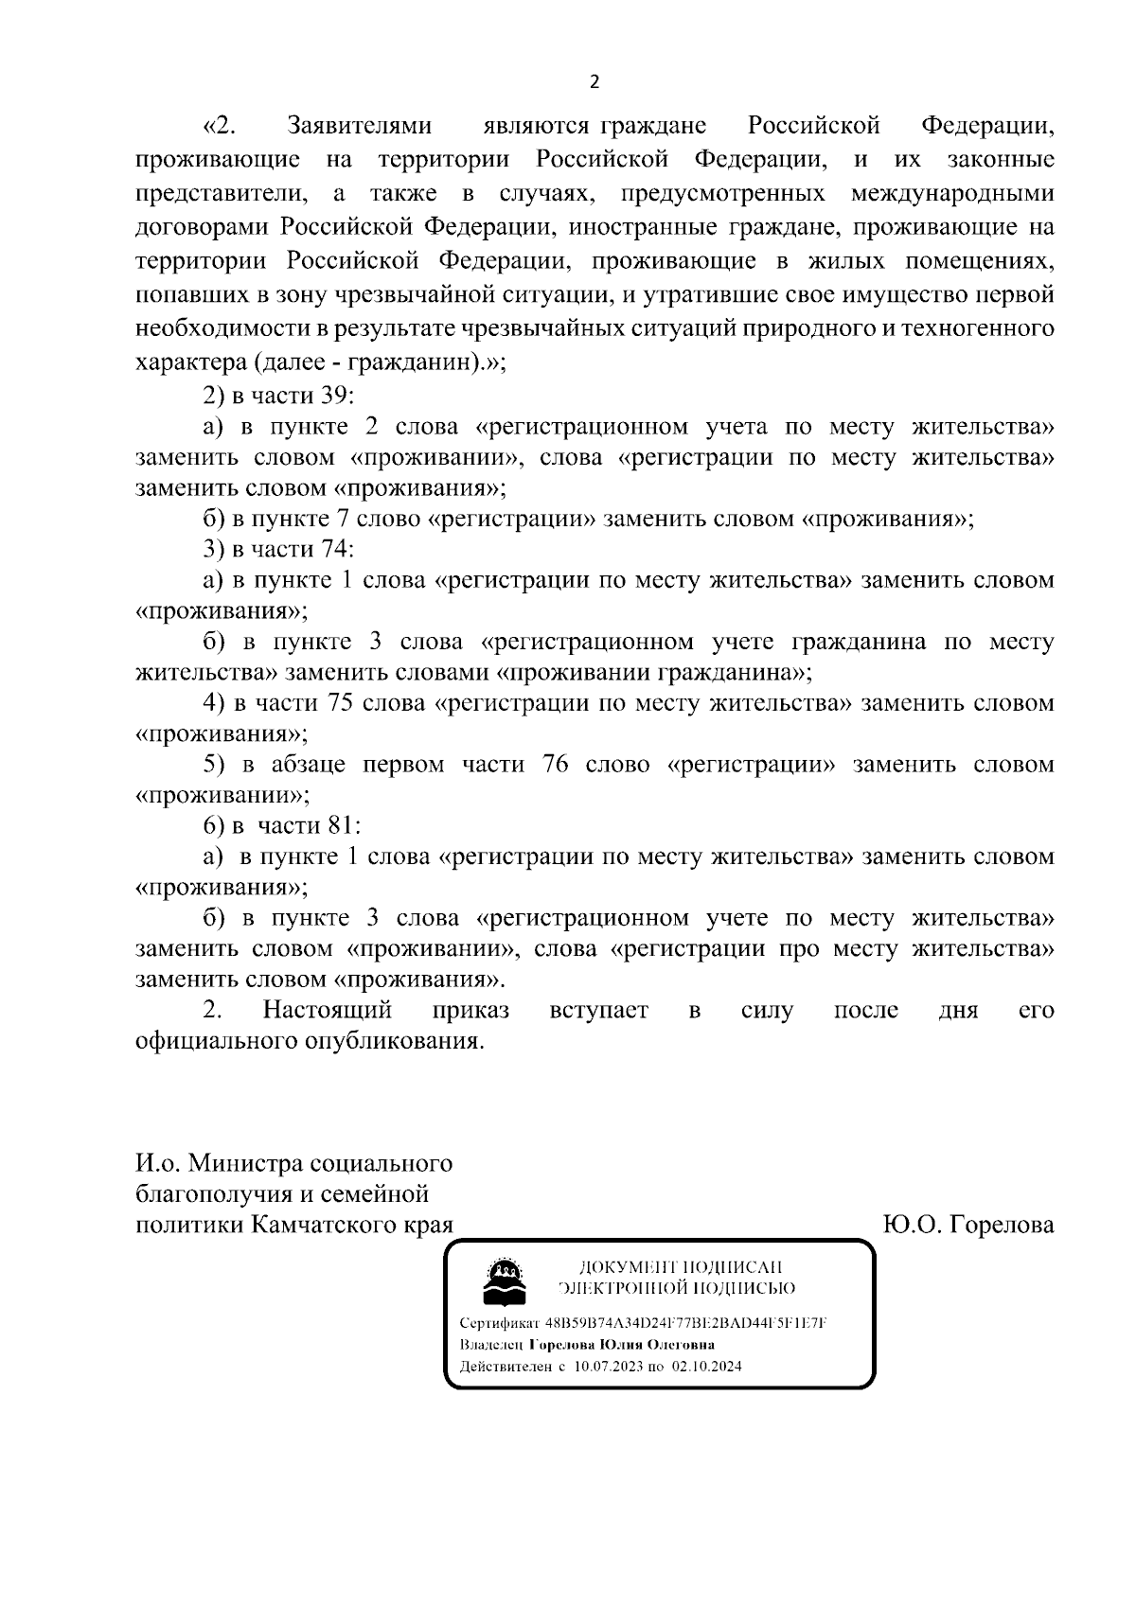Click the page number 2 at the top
(x=595, y=82)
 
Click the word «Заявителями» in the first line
(x=359, y=126)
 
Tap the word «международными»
(x=952, y=194)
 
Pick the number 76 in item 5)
(x=556, y=765)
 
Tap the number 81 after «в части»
(x=340, y=825)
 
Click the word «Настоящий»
(x=328, y=1010)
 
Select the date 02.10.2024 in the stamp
(x=707, y=1367)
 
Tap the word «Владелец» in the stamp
(x=491, y=1345)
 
